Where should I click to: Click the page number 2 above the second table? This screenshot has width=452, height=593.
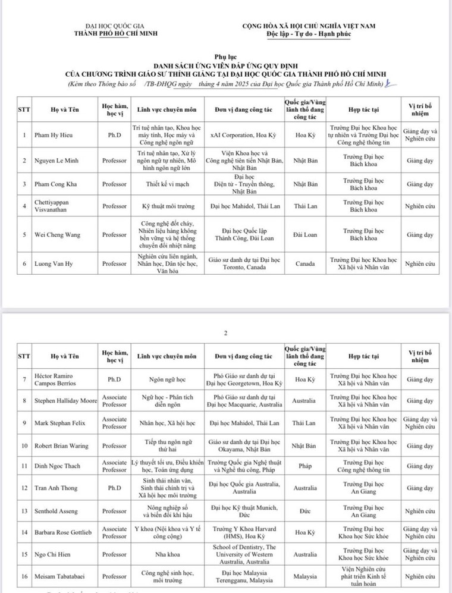tap(226, 333)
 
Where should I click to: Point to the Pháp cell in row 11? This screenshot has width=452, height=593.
tap(305, 466)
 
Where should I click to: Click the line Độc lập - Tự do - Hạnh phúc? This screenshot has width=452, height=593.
tap(309, 34)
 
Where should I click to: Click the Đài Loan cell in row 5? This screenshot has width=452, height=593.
tap(306, 234)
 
